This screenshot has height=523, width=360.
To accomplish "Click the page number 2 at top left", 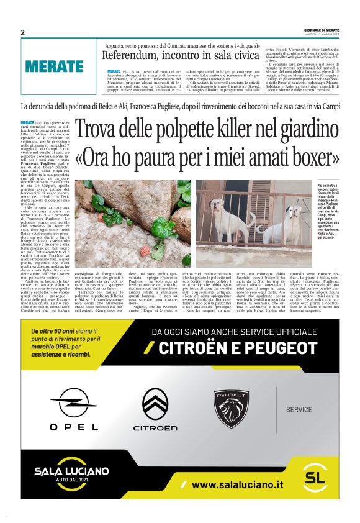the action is [x=23, y=32].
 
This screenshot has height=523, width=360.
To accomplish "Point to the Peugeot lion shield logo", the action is [x=232, y=407].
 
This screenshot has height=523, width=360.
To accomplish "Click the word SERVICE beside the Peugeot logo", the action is [x=299, y=410].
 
